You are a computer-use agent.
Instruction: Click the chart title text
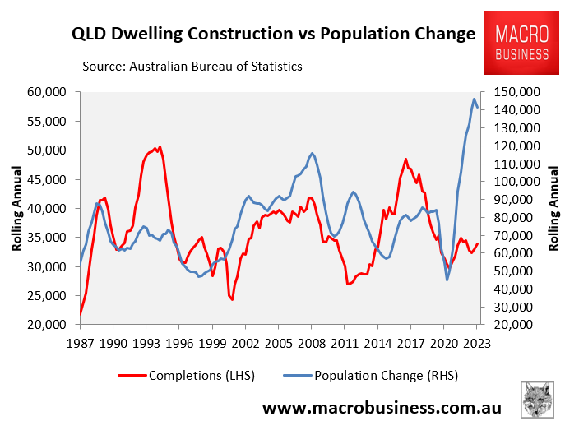[273, 35]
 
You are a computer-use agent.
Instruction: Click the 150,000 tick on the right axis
[517, 92]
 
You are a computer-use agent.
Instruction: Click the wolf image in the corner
[537, 398]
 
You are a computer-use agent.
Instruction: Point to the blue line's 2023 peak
[475, 99]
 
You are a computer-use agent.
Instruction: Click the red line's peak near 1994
[160, 146]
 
